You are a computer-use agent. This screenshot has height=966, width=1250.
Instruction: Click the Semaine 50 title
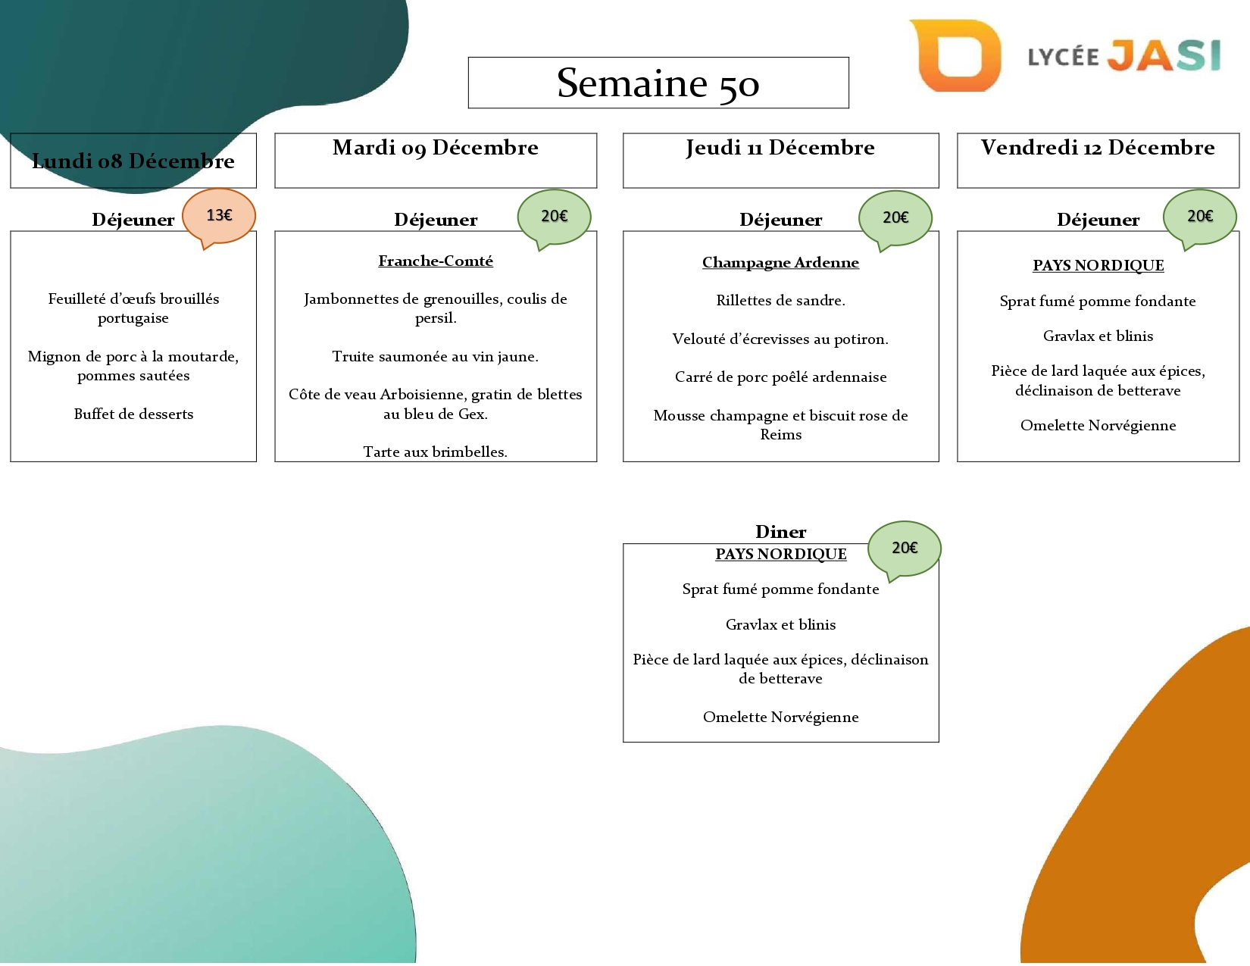[658, 83]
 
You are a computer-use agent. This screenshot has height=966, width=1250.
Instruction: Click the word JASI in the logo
[1164, 55]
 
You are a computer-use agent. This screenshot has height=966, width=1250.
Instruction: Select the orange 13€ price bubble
[219, 216]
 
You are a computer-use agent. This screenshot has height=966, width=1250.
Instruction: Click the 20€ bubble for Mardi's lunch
[554, 217]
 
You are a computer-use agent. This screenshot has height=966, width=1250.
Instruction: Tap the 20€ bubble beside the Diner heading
[904, 548]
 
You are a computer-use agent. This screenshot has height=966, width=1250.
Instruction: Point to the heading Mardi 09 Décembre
[436, 148]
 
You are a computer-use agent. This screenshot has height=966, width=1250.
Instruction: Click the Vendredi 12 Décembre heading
[1098, 148]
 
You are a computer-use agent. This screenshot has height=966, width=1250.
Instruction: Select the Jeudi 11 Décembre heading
[780, 148]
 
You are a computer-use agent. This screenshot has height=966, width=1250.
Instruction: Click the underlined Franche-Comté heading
[436, 261]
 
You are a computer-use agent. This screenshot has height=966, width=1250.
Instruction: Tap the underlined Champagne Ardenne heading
[780, 263]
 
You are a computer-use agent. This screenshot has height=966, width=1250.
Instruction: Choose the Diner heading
[780, 532]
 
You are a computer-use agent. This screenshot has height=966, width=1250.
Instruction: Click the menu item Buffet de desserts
[133, 414]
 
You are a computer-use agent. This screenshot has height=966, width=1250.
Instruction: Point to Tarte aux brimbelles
[436, 452]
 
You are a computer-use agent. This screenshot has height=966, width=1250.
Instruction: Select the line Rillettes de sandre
[780, 301]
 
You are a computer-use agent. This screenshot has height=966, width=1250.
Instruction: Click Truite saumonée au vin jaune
[436, 357]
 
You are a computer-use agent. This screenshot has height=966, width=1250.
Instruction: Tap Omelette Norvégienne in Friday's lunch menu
[1098, 426]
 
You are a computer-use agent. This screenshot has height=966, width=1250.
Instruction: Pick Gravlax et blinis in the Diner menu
[780, 625]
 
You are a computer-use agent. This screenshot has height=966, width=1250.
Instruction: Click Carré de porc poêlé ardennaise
[780, 377]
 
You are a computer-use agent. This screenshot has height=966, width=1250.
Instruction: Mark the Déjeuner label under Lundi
[133, 220]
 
